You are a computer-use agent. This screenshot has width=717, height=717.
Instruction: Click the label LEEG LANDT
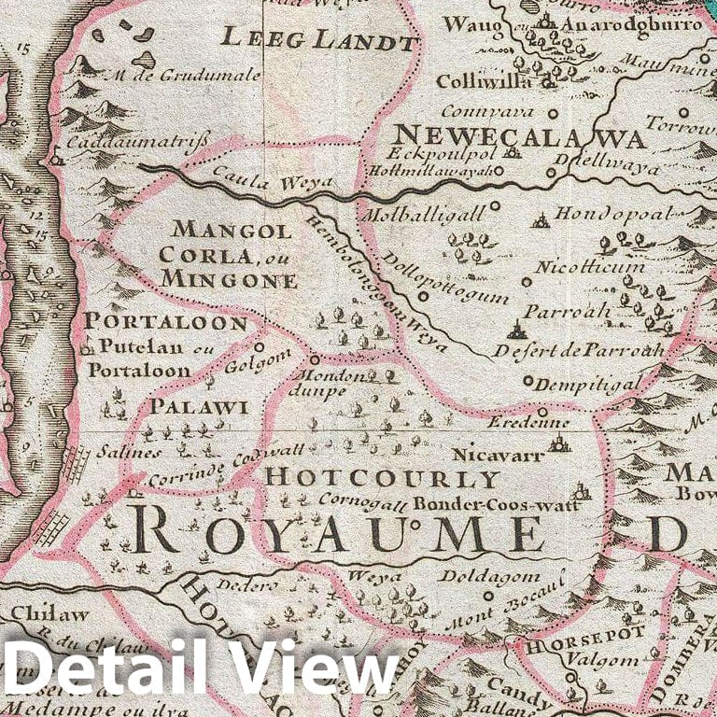[x=318, y=40]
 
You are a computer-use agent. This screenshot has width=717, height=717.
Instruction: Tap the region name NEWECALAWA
[x=519, y=137]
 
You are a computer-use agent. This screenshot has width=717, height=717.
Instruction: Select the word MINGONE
[x=229, y=279]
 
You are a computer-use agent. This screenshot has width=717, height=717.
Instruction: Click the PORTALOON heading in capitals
[x=165, y=323]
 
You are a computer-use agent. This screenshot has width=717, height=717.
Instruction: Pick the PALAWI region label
[x=199, y=407]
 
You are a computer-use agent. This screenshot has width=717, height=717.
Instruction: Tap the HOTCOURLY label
[x=383, y=479]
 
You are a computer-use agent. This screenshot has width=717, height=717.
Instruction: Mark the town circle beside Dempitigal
[x=527, y=381]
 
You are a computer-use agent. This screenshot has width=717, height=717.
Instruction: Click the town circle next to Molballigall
[x=495, y=205]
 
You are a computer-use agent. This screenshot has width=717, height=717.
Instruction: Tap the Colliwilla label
[x=484, y=81]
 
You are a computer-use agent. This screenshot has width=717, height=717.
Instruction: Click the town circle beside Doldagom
[x=487, y=595]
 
